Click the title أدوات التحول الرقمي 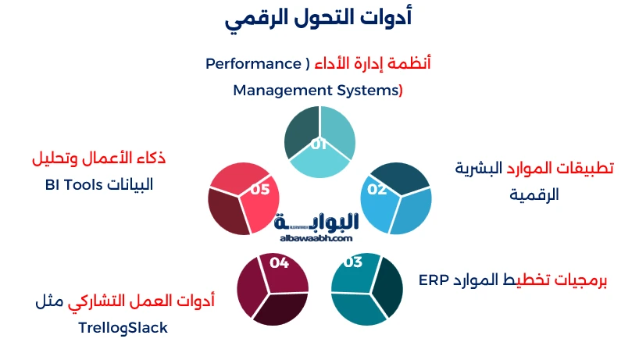[x=319, y=19]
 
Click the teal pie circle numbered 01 [x=319, y=141]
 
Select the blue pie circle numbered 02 [x=399, y=200]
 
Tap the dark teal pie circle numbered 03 [x=367, y=289]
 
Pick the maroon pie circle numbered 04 [x=273, y=289]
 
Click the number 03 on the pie [x=352, y=262]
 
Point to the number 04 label [x=279, y=262]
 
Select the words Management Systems [x=316, y=91]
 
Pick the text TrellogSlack [x=123, y=328]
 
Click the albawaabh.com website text [x=315, y=238]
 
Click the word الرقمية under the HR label [x=535, y=194]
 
